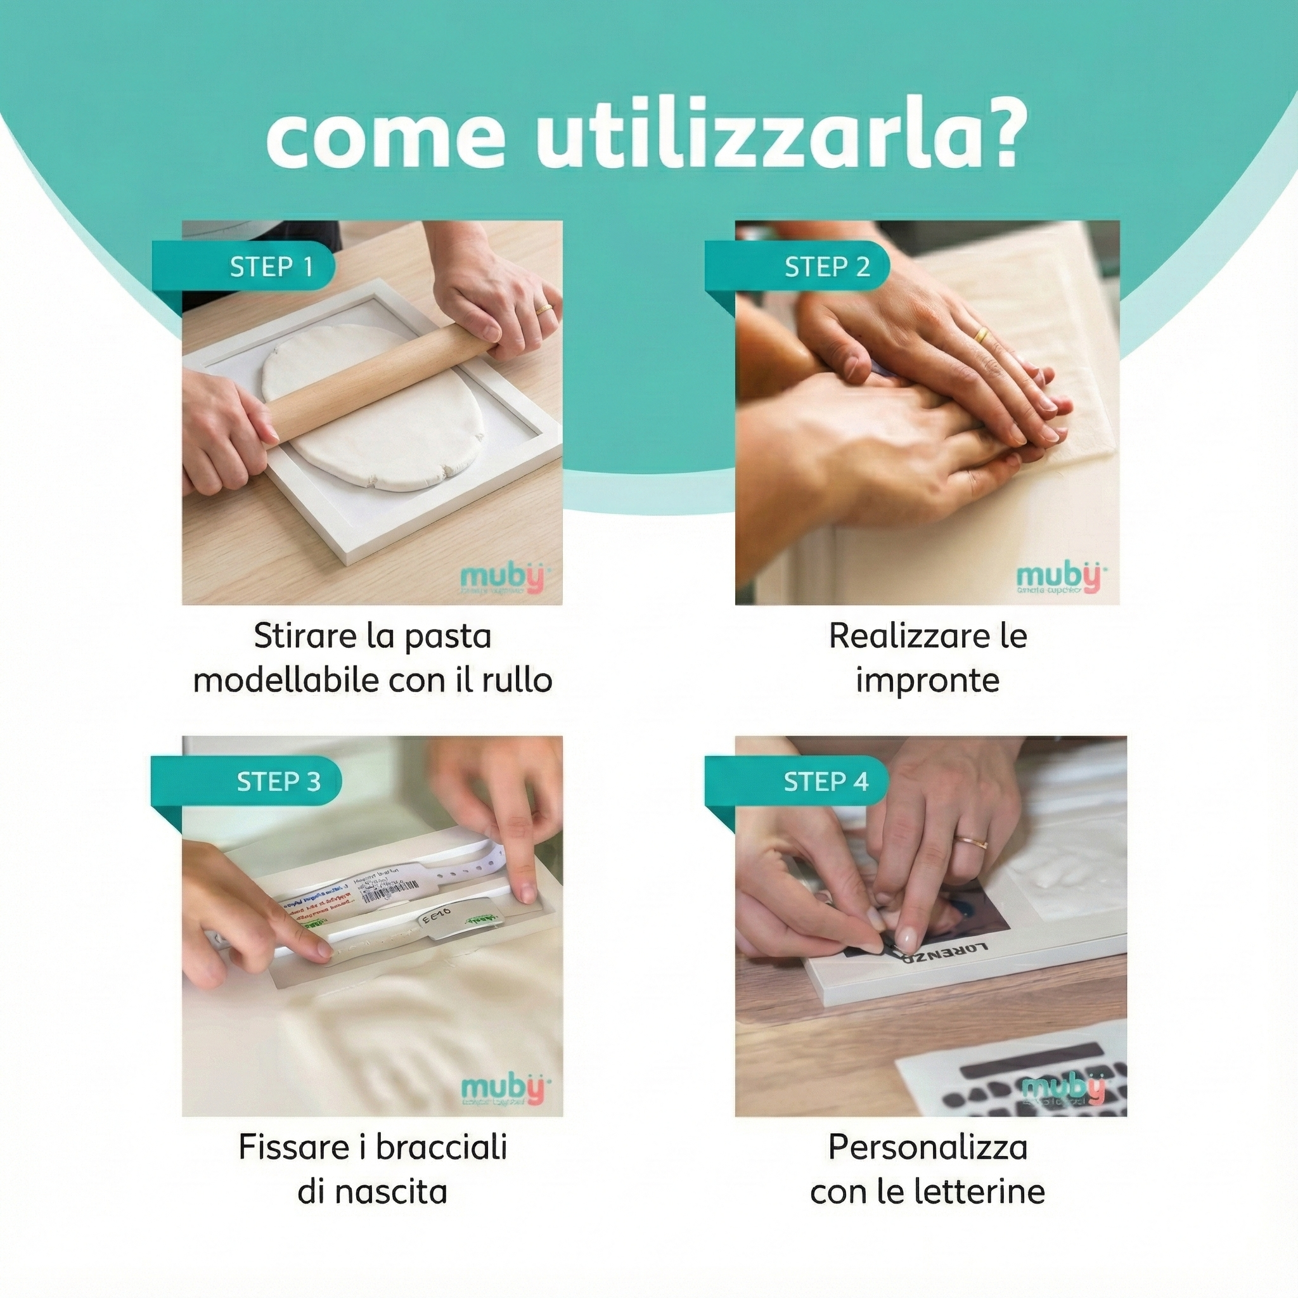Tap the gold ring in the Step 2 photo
click(x=982, y=334)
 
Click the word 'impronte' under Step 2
click(x=927, y=680)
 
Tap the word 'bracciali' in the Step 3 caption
click(x=440, y=1147)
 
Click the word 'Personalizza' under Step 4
click(x=927, y=1147)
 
